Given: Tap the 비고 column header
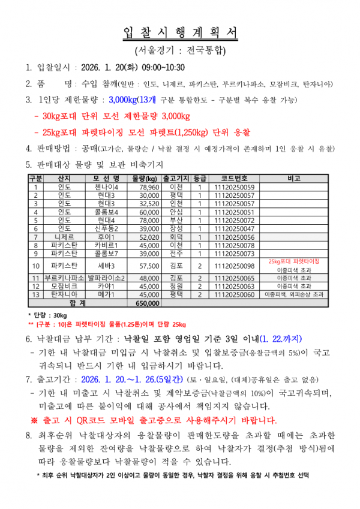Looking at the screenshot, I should [295, 179].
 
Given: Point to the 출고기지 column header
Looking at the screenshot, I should [176, 179].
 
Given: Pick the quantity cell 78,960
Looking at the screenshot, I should [145, 187].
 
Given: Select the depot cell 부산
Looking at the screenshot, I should [176, 220].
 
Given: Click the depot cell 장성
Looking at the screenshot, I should [176, 228].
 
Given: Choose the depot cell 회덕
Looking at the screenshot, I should [176, 237].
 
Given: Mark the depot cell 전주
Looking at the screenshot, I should [176, 254].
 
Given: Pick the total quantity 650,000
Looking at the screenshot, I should [145, 303].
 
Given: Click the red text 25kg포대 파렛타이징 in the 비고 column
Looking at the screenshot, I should [295, 262].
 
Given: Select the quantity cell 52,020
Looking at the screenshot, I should [145, 237].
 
